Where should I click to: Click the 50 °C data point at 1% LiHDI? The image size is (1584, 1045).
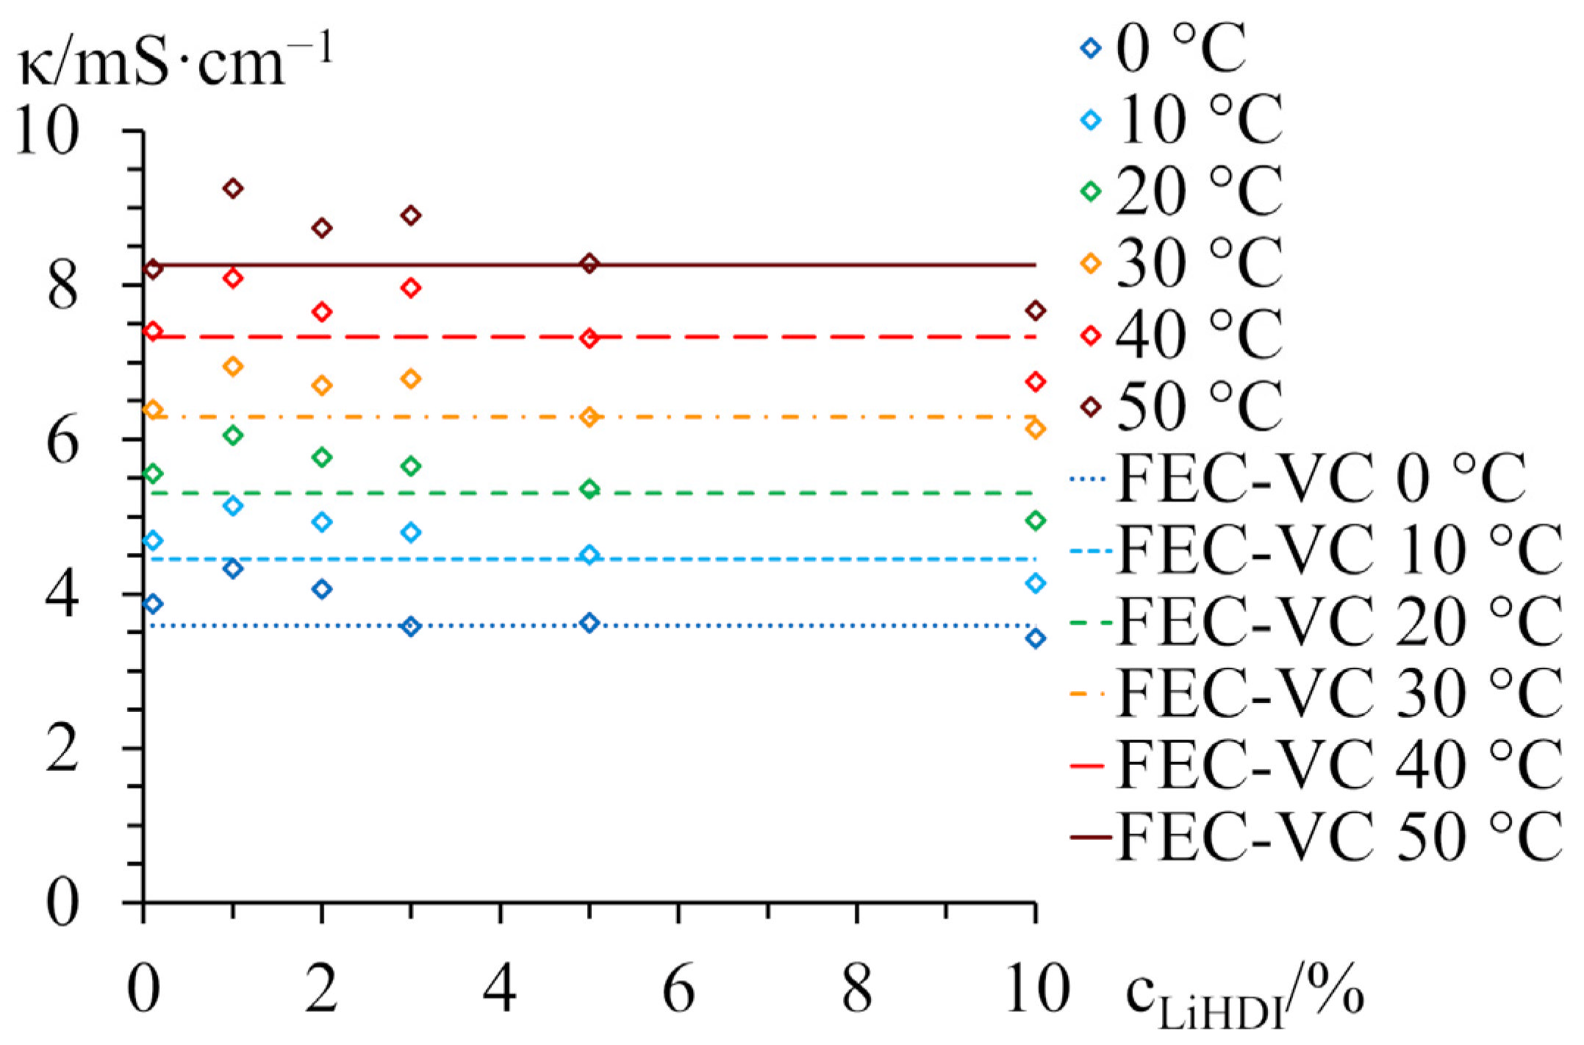[x=233, y=189]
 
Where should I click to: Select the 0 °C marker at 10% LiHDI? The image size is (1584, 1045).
[x=1036, y=638]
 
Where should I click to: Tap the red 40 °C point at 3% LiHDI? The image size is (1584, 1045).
[x=412, y=288]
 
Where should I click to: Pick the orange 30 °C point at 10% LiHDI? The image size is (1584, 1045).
[x=1036, y=429]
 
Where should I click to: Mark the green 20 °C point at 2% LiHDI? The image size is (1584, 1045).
[x=322, y=457]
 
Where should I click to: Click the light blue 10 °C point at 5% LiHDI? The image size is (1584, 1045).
[x=589, y=555]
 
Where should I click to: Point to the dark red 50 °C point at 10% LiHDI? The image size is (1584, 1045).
[x=1036, y=311]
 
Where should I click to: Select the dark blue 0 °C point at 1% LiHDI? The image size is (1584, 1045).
[x=233, y=568]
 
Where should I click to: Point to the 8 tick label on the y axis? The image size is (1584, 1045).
[x=62, y=287]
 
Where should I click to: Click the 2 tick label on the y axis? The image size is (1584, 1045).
[x=62, y=749]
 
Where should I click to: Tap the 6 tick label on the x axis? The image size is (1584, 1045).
[x=678, y=989]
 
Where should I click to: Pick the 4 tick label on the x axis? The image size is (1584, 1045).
[x=500, y=989]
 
